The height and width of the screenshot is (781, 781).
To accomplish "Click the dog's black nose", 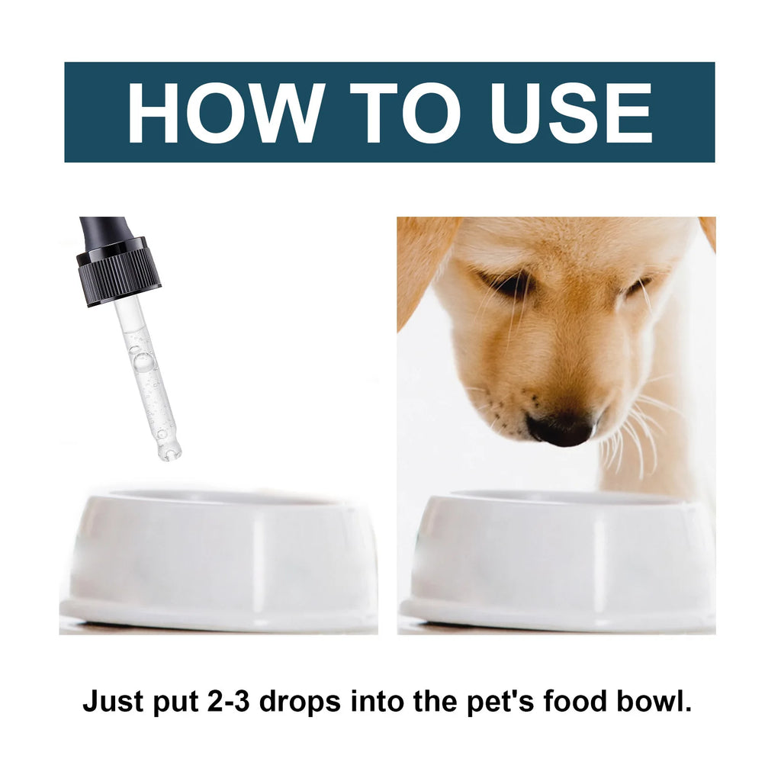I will point(561,429).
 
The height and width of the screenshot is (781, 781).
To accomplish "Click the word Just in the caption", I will point(113,701).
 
